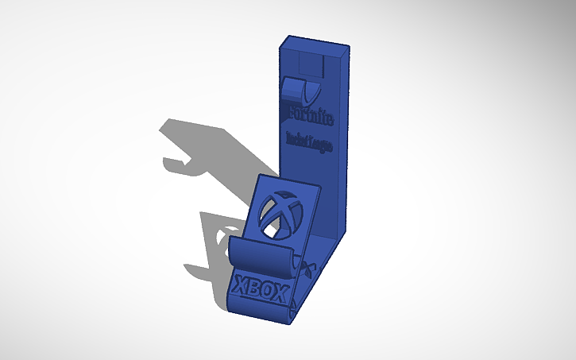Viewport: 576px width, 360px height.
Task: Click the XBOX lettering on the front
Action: tap(260, 288)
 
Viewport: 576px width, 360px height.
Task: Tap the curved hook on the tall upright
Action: tap(300, 89)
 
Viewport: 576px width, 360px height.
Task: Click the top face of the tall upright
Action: tap(315, 45)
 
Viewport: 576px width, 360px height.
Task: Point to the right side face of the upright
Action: tap(345, 143)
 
